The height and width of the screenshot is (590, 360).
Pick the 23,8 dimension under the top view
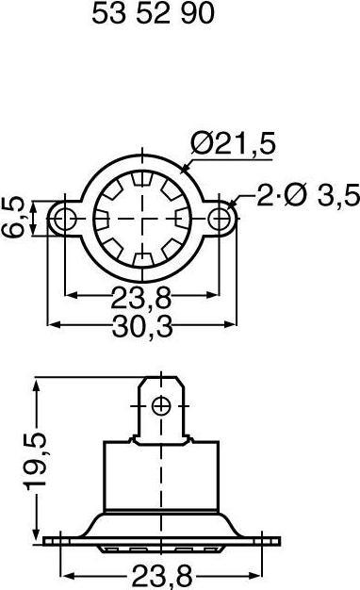(142, 300)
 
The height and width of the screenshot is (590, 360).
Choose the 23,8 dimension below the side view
(161, 572)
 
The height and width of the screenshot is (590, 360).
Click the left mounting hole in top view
(63, 219)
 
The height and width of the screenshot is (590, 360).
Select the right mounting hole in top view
(221, 219)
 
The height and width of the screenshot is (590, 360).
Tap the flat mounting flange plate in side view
(161, 540)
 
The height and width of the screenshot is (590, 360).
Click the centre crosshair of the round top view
(142, 219)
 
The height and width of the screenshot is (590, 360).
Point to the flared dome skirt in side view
(113, 521)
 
